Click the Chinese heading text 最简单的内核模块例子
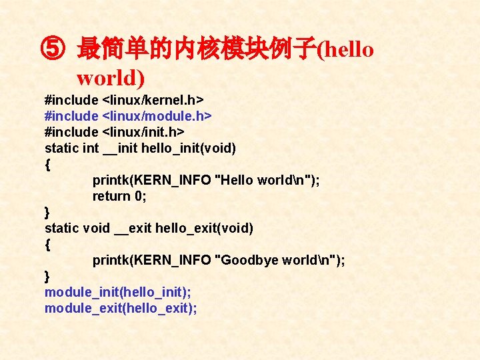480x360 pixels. (196, 49)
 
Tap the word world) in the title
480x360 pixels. (111, 77)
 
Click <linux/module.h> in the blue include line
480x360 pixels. (157, 116)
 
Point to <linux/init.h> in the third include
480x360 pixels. (143, 132)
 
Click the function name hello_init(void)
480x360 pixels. (189, 148)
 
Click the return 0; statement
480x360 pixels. (119, 196)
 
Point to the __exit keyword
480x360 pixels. (133, 228)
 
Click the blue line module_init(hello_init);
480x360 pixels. (118, 292)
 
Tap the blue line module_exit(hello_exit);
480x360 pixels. (121, 308)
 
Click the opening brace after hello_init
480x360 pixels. (47, 164)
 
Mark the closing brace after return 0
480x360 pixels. (47, 212)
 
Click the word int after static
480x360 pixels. (91, 148)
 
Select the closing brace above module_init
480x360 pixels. (47, 276)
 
